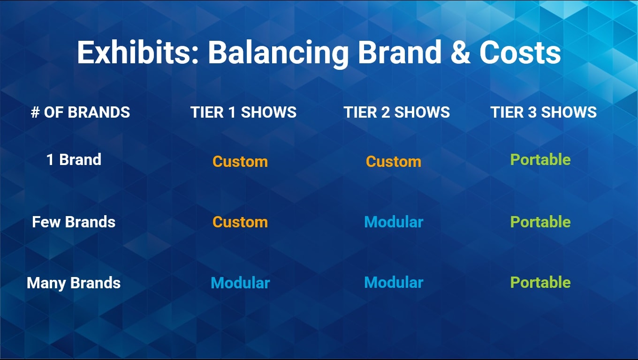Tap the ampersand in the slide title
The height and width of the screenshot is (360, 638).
click(461, 52)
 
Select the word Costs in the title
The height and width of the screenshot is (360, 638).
click(520, 52)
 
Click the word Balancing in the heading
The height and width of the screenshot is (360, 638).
click(278, 53)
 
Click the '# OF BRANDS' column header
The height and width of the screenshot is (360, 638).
click(80, 112)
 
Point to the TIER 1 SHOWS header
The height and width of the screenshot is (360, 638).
click(243, 112)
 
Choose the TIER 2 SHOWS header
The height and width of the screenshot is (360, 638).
click(396, 112)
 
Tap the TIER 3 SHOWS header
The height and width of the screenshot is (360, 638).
click(543, 112)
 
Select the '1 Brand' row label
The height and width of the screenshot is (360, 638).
click(74, 159)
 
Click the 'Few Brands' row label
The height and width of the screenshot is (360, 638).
click(74, 222)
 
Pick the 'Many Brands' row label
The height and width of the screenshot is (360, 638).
click(74, 283)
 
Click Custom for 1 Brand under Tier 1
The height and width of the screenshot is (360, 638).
click(240, 162)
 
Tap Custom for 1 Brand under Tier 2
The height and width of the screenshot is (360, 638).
click(394, 162)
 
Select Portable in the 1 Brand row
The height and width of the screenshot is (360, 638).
click(540, 159)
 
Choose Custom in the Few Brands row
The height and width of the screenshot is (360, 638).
click(240, 222)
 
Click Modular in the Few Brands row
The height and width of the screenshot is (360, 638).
click(394, 222)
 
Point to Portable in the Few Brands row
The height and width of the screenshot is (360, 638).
click(540, 222)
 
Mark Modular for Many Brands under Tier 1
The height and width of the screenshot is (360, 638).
click(240, 283)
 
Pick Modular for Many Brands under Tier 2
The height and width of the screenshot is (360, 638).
click(394, 283)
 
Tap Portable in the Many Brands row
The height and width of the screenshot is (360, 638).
click(540, 283)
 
